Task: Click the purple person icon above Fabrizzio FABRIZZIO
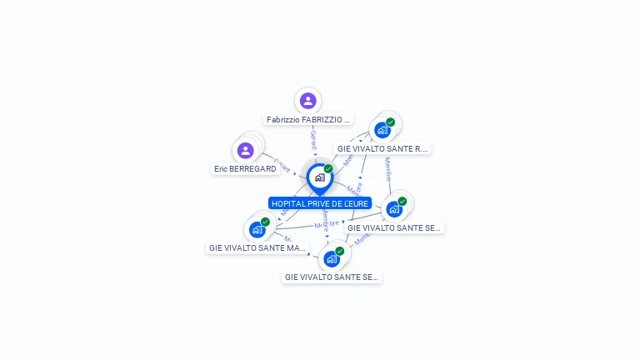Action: click(x=308, y=101)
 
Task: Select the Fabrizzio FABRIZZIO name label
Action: click(x=308, y=119)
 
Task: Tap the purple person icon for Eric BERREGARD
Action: click(x=245, y=150)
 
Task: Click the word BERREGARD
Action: click(x=254, y=168)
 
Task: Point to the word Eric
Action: click(x=222, y=168)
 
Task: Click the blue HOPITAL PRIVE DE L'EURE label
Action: click(x=320, y=203)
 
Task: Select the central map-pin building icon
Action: click(x=319, y=177)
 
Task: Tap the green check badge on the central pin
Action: click(x=328, y=168)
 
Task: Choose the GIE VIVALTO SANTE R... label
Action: click(x=382, y=148)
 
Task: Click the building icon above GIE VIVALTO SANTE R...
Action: click(x=382, y=130)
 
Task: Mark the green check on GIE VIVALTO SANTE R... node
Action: click(x=390, y=122)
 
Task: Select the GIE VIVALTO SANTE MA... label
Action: click(x=257, y=247)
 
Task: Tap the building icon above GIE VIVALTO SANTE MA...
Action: click(x=257, y=229)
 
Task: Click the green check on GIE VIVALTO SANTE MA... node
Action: click(x=265, y=222)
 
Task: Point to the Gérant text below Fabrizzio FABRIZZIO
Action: click(x=313, y=139)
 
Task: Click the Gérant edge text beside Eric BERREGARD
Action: click(x=282, y=165)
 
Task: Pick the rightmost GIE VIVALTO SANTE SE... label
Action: click(x=394, y=227)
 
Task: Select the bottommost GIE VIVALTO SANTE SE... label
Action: click(x=332, y=277)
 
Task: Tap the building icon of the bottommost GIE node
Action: click(x=331, y=259)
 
